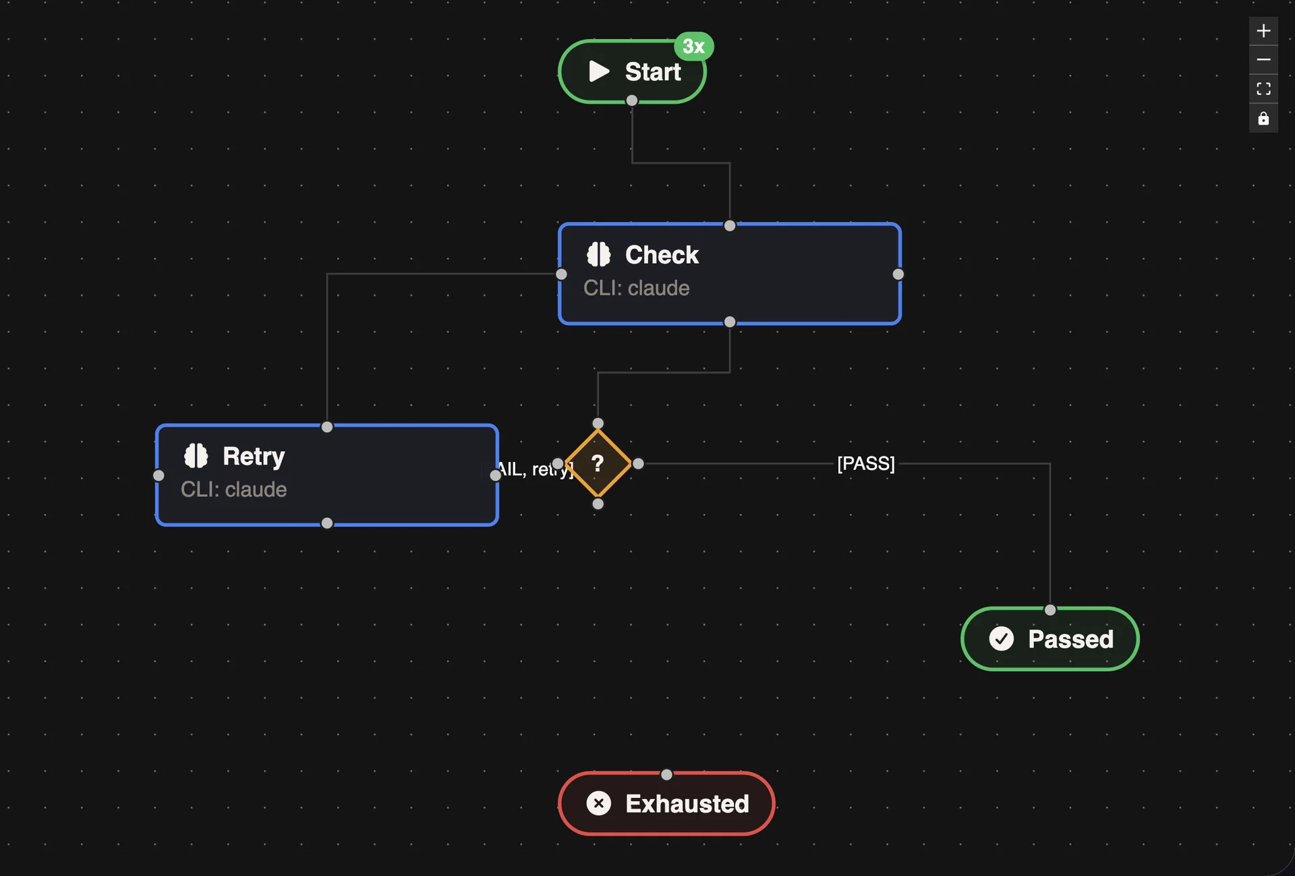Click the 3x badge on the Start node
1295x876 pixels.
point(693,47)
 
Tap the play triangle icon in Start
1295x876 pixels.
point(598,71)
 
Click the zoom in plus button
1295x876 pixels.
point(1263,31)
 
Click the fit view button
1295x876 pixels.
point(1263,89)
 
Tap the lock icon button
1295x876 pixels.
point(1263,119)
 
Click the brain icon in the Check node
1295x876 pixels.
point(598,255)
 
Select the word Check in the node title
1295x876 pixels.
point(661,255)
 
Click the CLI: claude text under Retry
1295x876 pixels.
point(233,489)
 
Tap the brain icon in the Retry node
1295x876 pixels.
point(196,456)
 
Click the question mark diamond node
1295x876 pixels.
point(598,464)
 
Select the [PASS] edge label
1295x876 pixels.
point(865,464)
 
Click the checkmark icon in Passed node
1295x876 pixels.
point(1001,639)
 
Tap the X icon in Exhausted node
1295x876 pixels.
point(598,803)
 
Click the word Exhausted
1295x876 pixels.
point(687,804)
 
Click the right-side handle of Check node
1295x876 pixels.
point(898,274)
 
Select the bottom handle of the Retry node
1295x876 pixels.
point(327,523)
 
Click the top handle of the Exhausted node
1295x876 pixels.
point(666,775)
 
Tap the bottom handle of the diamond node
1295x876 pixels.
point(598,504)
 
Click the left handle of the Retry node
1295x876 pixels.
point(159,475)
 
